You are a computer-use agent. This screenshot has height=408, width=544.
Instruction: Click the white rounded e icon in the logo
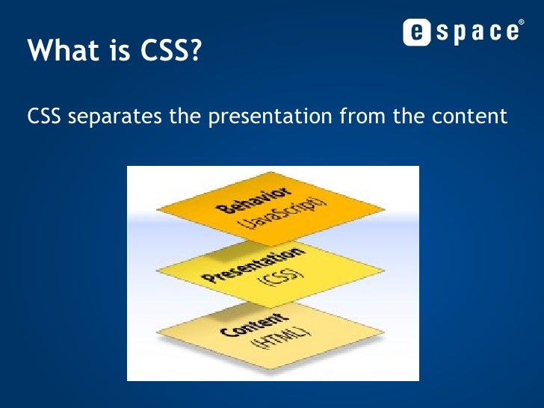point(416,32)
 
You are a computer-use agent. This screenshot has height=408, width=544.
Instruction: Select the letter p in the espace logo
point(457,34)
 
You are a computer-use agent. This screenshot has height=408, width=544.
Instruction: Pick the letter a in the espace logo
point(474,32)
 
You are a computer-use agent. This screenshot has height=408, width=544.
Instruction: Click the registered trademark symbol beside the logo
point(520,22)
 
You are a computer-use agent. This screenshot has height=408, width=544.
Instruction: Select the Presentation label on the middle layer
point(243,266)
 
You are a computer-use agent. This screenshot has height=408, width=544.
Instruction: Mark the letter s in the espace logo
point(439,32)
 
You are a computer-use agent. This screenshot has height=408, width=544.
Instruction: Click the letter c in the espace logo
point(491,32)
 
